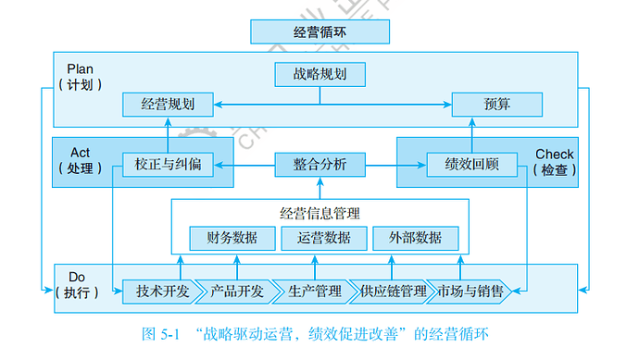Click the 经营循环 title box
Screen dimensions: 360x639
(x=319, y=31)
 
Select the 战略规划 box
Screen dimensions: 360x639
(x=319, y=73)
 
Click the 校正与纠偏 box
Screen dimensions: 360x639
(x=168, y=166)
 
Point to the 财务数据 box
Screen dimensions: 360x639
(x=232, y=238)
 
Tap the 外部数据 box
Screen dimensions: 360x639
(x=415, y=238)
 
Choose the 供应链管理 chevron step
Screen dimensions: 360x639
(x=393, y=292)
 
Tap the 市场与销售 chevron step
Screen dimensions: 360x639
(x=470, y=292)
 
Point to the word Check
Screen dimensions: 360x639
(x=554, y=154)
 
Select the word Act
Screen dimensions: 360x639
(x=80, y=153)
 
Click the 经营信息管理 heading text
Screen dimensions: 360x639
(x=319, y=213)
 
